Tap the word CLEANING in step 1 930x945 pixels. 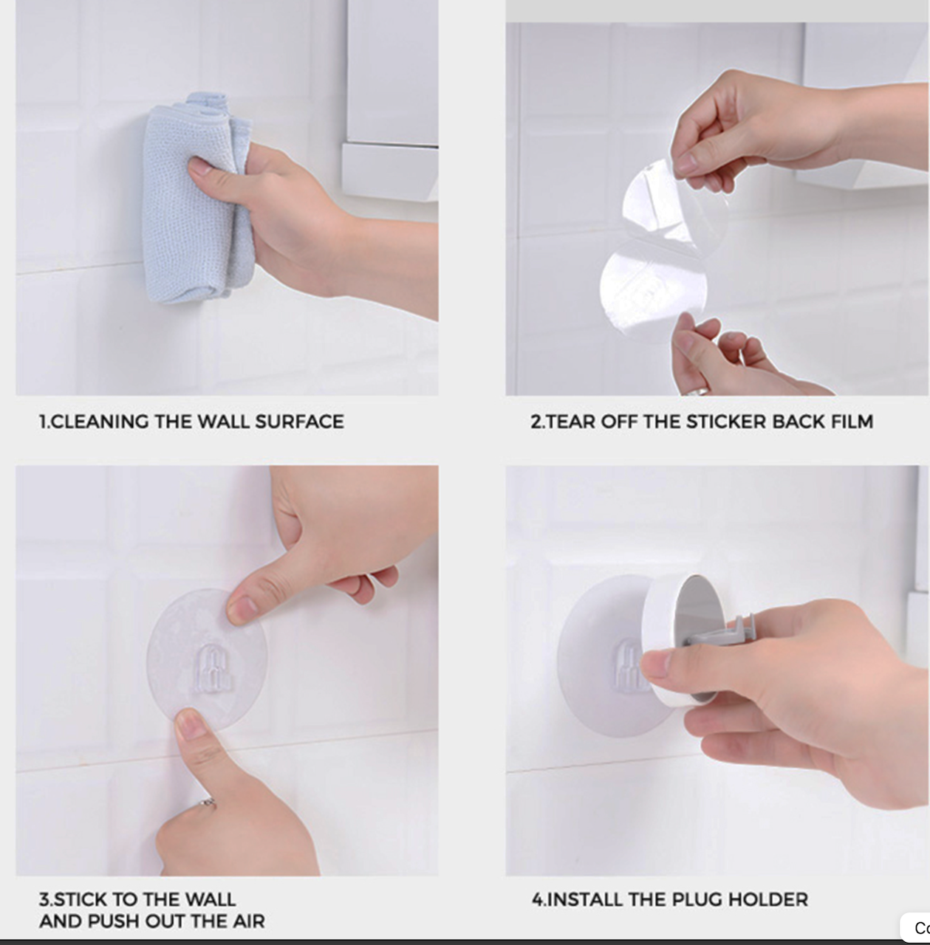pyautogui.click(x=100, y=422)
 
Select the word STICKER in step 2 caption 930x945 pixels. pyautogui.click(x=726, y=422)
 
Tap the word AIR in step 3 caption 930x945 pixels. pyautogui.click(x=249, y=921)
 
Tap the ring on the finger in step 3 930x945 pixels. pyautogui.click(x=208, y=803)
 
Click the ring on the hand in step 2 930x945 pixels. pyautogui.click(x=702, y=391)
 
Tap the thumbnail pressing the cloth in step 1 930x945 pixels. pyautogui.click(x=199, y=166)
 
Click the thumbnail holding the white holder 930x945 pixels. pyautogui.click(x=655, y=664)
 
